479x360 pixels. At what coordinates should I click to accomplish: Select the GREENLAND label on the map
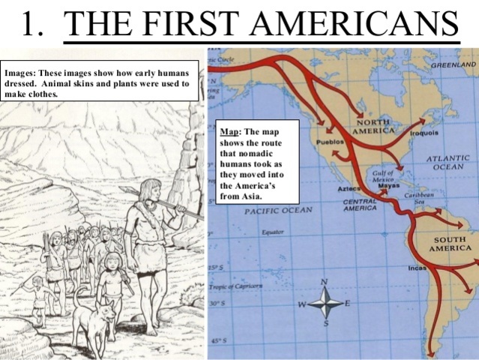[453, 66]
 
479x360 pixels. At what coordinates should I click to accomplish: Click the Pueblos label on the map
[330, 141]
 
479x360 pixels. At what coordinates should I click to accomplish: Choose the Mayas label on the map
[388, 186]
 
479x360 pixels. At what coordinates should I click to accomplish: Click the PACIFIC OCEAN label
[277, 211]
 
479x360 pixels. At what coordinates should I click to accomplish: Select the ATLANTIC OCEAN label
[447, 163]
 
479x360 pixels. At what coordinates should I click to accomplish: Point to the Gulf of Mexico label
[383, 175]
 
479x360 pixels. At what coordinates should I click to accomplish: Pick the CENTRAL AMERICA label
[360, 205]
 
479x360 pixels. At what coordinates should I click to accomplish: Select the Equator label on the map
[273, 232]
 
